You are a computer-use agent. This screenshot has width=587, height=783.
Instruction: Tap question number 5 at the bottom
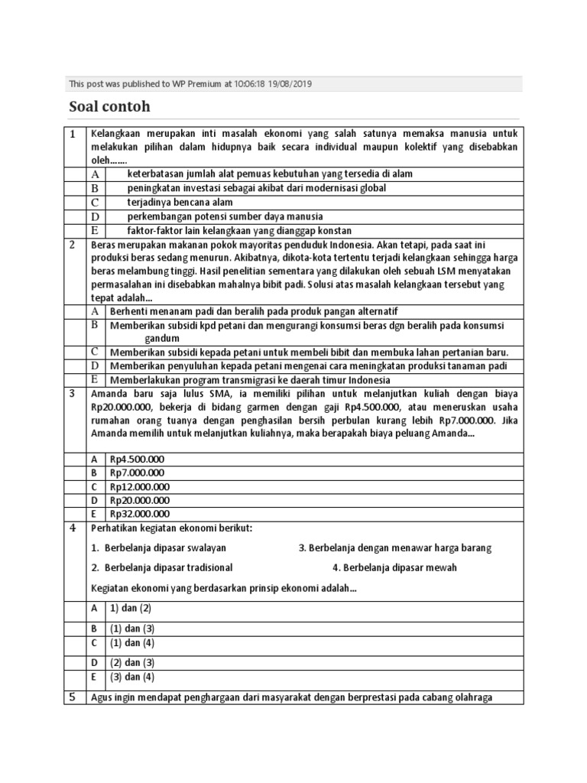tap(71, 697)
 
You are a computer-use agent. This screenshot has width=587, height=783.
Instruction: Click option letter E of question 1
tap(95, 230)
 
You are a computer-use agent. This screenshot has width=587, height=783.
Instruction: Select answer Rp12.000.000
tap(140, 486)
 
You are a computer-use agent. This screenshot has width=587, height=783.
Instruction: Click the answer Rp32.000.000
tap(140, 514)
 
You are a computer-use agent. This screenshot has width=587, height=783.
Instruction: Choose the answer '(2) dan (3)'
tap(132, 662)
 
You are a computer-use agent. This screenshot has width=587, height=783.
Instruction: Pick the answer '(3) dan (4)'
tap(132, 677)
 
